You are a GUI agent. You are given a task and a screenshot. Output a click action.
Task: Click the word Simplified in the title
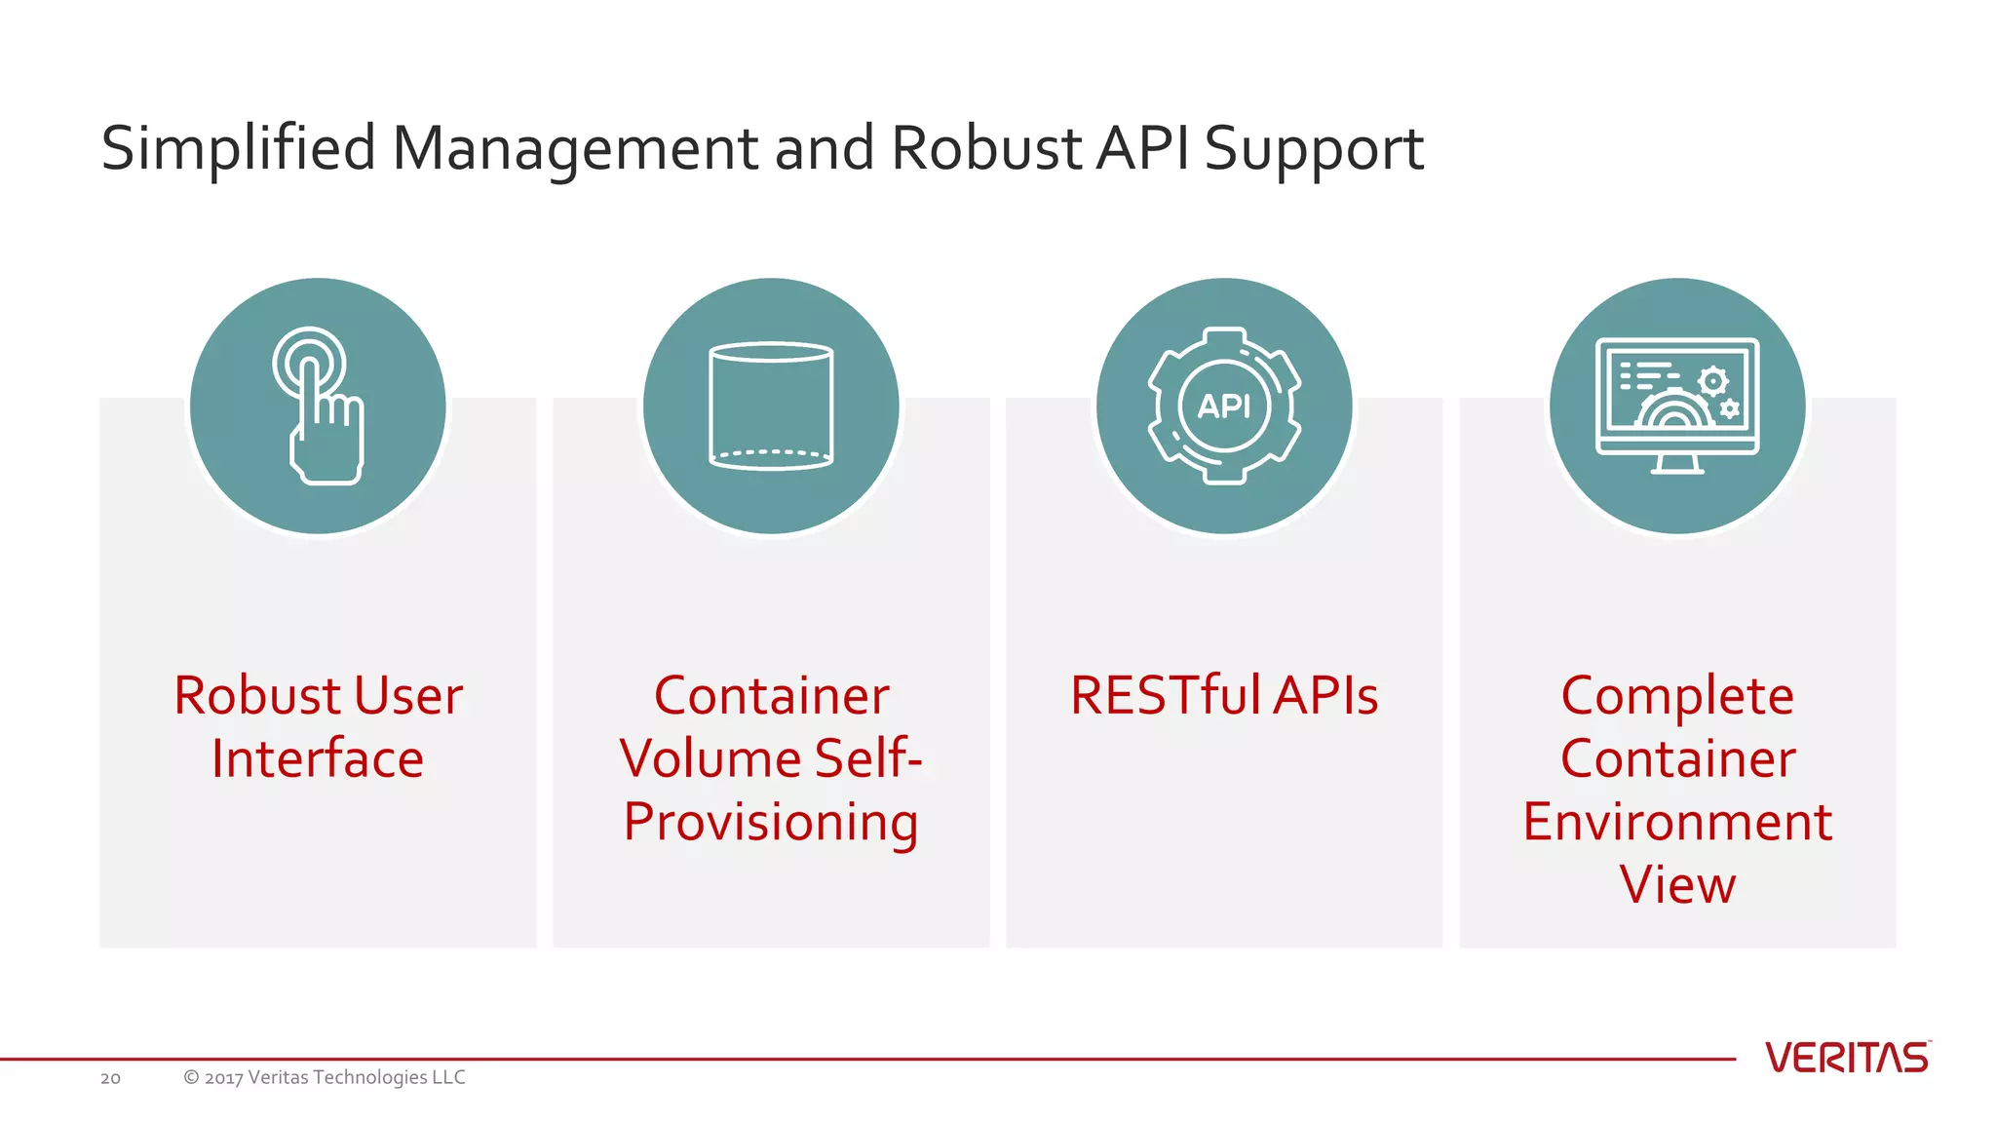238,149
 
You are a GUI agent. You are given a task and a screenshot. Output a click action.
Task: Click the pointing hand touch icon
318,407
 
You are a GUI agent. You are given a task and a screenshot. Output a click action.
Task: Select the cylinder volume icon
771,407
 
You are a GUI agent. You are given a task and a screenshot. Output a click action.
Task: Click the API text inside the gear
1224,406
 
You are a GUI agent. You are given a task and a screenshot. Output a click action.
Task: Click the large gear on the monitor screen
1712,380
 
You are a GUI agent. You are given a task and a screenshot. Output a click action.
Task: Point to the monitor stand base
1677,469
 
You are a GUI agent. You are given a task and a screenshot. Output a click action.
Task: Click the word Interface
318,758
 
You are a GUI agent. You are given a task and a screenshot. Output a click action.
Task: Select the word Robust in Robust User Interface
257,696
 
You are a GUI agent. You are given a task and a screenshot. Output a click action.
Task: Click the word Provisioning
771,822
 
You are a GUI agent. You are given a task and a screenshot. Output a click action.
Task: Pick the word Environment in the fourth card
1677,822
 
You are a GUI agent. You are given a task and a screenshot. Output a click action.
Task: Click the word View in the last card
1677,885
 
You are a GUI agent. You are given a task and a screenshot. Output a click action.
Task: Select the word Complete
1677,696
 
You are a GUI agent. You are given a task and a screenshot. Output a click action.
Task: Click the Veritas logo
1847,1058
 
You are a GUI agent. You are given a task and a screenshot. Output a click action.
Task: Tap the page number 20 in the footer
110,1078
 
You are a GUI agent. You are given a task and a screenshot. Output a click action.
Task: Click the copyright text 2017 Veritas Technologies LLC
325,1077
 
